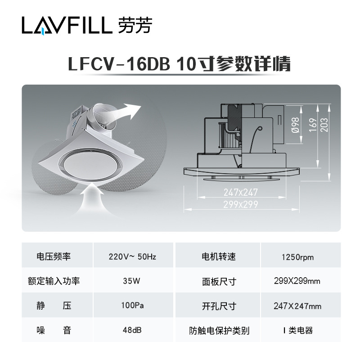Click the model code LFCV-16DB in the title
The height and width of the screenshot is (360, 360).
[x=119, y=64]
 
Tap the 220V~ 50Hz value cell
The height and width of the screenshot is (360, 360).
[x=132, y=257]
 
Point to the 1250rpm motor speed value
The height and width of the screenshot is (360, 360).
[x=297, y=257]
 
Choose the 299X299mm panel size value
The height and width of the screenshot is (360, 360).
[x=297, y=281]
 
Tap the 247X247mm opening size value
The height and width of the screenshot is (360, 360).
[x=297, y=306]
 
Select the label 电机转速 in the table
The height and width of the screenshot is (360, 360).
[x=219, y=257]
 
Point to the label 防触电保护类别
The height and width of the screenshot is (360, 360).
[x=219, y=331]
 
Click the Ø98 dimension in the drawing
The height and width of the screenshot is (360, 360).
[x=295, y=124]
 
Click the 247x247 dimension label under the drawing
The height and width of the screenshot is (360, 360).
[x=241, y=193]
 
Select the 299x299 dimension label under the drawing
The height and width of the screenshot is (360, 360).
[x=241, y=203]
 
